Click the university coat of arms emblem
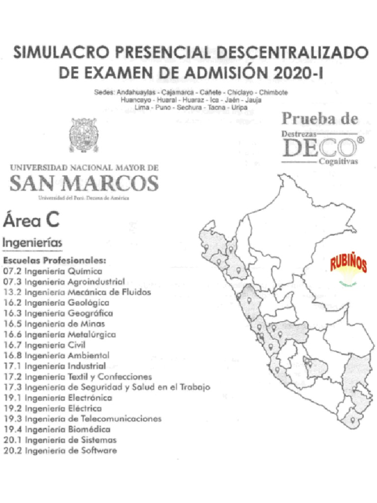tap(82, 135)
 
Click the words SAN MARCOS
tap(84, 184)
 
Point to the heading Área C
tap(31, 220)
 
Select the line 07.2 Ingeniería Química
tap(53, 271)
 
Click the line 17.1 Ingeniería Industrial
tap(54, 366)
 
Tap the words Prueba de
tap(320, 118)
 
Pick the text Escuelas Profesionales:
tap(54, 260)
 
